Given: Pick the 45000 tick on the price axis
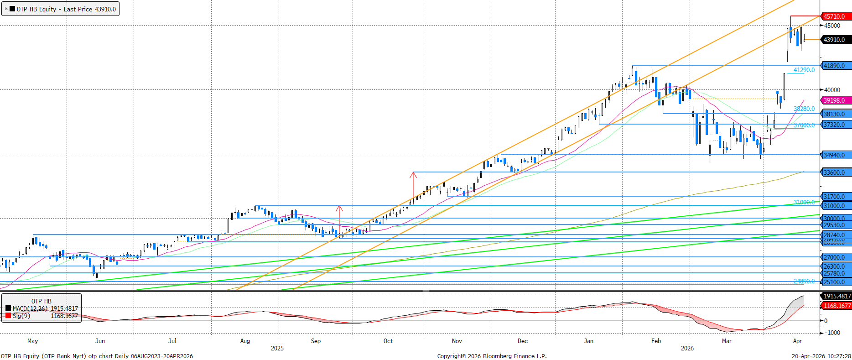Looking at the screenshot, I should (x=832, y=26).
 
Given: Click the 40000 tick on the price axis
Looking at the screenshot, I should (x=832, y=90).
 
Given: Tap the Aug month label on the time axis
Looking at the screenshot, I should (x=245, y=341).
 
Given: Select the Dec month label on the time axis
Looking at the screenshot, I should (x=523, y=341).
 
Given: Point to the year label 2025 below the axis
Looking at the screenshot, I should (x=277, y=348).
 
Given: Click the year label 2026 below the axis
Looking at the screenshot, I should (x=687, y=348).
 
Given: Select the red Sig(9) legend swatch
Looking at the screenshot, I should (x=8, y=315).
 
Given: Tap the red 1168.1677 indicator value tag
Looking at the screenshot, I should (x=836, y=306).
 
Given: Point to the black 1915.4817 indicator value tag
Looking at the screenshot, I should (x=836, y=296).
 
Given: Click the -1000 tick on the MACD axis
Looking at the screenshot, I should (x=833, y=333).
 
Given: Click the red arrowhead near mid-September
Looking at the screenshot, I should (x=339, y=209).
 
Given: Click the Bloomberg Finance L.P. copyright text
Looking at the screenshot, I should (x=492, y=356).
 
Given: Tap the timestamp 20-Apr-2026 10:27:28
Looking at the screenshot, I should (x=821, y=356).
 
